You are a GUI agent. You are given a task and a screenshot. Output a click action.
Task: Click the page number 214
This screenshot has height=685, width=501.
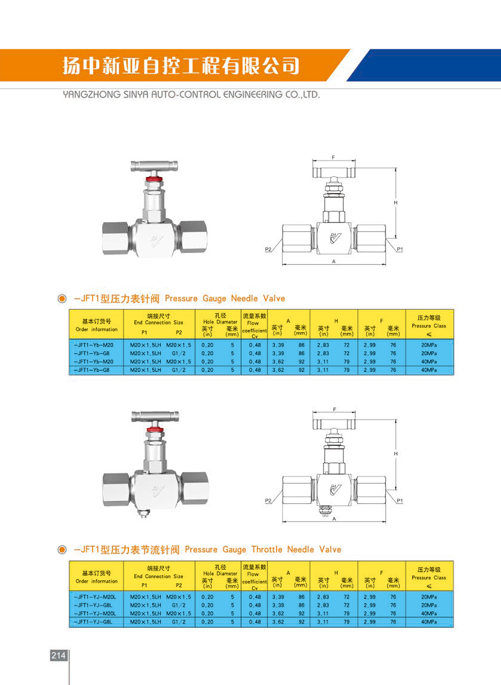tap(59, 655)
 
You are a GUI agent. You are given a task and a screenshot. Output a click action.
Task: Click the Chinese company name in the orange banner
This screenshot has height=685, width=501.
tap(181, 66)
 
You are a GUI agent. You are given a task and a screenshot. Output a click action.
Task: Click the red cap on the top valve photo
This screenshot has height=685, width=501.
tap(154, 178)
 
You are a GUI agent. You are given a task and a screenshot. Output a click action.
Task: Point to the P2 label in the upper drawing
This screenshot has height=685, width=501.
tap(268, 249)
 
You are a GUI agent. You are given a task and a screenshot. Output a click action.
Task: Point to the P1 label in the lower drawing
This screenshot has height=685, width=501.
tap(400, 501)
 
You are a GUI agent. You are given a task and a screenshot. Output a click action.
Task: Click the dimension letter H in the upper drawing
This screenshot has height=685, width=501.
tap(396, 202)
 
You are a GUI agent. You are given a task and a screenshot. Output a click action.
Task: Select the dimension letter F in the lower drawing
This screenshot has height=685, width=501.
tap(335, 409)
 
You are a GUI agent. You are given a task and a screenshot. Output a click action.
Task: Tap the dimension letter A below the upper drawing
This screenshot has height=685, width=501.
tap(334, 262)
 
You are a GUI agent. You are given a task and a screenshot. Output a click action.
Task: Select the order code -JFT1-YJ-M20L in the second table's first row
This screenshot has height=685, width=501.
tap(96, 597)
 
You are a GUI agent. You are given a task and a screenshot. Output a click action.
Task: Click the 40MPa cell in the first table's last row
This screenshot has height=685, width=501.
tap(429, 370)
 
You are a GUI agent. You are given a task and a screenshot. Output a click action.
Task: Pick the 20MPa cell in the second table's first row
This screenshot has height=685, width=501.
tap(429, 597)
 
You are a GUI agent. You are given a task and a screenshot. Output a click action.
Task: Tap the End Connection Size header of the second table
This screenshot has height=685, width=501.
tap(158, 576)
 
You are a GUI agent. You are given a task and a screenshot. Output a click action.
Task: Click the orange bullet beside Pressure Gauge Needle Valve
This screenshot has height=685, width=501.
tap(62, 299)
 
